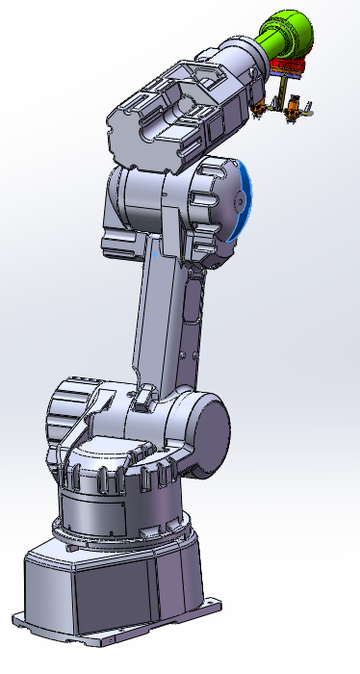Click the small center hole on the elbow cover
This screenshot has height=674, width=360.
click(235, 203)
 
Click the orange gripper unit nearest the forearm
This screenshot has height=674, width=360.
click(261, 108)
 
